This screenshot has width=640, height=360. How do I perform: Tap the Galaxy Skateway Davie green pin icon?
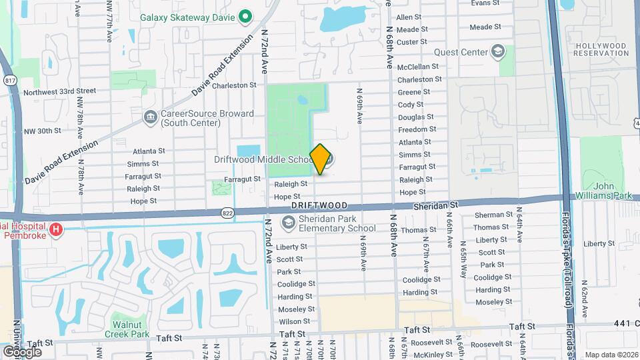click(x=245, y=16)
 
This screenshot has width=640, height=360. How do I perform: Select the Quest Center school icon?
click(x=498, y=51)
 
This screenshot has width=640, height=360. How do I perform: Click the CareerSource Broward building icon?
click(x=149, y=118)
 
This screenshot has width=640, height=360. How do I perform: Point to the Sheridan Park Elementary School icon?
click(x=289, y=223)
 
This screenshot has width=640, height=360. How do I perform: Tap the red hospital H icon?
click(x=57, y=231)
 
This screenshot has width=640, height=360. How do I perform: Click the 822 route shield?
click(x=227, y=212)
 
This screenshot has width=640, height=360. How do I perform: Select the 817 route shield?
click(x=10, y=80)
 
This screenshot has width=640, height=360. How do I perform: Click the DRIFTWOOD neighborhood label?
click(x=320, y=207)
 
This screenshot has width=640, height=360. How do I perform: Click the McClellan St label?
click(x=418, y=67)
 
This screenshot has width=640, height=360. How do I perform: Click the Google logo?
click(x=22, y=351)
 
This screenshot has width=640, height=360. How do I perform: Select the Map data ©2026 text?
click(x=610, y=354)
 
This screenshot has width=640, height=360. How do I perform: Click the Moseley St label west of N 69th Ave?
click(x=291, y=309)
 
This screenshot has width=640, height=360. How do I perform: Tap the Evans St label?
click(x=485, y=3)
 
